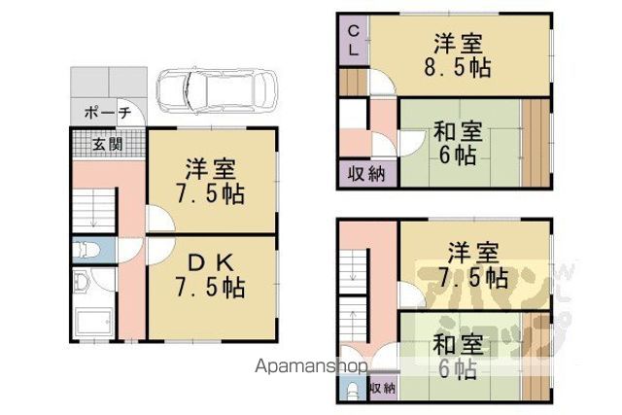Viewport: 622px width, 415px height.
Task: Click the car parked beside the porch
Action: pyautogui.click(x=216, y=91)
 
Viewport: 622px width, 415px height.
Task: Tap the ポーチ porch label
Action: pyautogui.click(x=108, y=113)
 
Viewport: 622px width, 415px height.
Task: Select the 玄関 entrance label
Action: pyautogui.click(x=107, y=144)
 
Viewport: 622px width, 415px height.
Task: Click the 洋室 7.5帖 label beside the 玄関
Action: pyautogui.click(x=211, y=182)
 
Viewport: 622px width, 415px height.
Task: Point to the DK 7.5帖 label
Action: pyautogui.click(x=210, y=275)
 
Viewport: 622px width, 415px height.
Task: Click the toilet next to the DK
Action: pyautogui.click(x=86, y=251)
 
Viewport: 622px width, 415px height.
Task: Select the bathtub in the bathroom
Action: pyautogui.click(x=93, y=322)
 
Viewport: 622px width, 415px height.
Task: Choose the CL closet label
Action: pyautogui.click(x=354, y=41)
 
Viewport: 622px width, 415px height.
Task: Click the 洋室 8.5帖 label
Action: pyautogui.click(x=458, y=56)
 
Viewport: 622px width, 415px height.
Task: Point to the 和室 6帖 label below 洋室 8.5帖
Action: pyautogui.click(x=458, y=143)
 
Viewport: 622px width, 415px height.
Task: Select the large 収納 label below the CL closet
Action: pyautogui.click(x=366, y=174)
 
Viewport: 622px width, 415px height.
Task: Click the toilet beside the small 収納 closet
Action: pyautogui.click(x=352, y=391)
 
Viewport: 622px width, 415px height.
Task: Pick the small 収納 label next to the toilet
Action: pyautogui.click(x=383, y=388)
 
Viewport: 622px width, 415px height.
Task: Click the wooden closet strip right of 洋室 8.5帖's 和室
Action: pyautogui.click(x=536, y=143)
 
